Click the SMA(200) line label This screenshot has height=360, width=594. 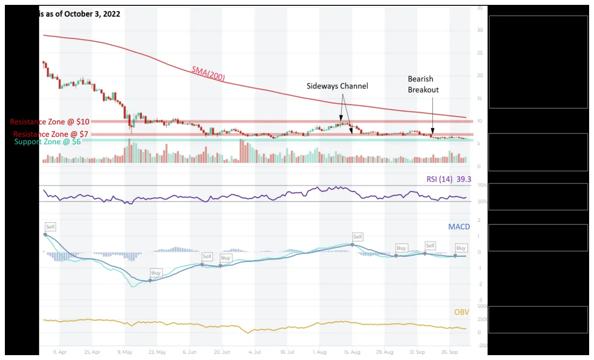tap(208, 73)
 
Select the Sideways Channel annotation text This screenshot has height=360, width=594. tap(337, 86)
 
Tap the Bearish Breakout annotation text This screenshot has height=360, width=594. tap(423, 84)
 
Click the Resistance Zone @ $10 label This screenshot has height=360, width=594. tap(50, 121)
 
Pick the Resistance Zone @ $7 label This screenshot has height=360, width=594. tap(51, 134)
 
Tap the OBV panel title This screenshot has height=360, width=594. tap(462, 312)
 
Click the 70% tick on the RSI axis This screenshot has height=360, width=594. tap(482, 186)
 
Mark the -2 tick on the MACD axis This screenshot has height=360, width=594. tap(480, 284)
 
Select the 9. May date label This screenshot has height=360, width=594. tap(125, 351)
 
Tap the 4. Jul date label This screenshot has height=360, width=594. tap(255, 351)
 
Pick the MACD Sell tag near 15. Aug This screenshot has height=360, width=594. tap(357, 237)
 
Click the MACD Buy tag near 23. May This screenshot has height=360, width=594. tap(156, 273)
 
